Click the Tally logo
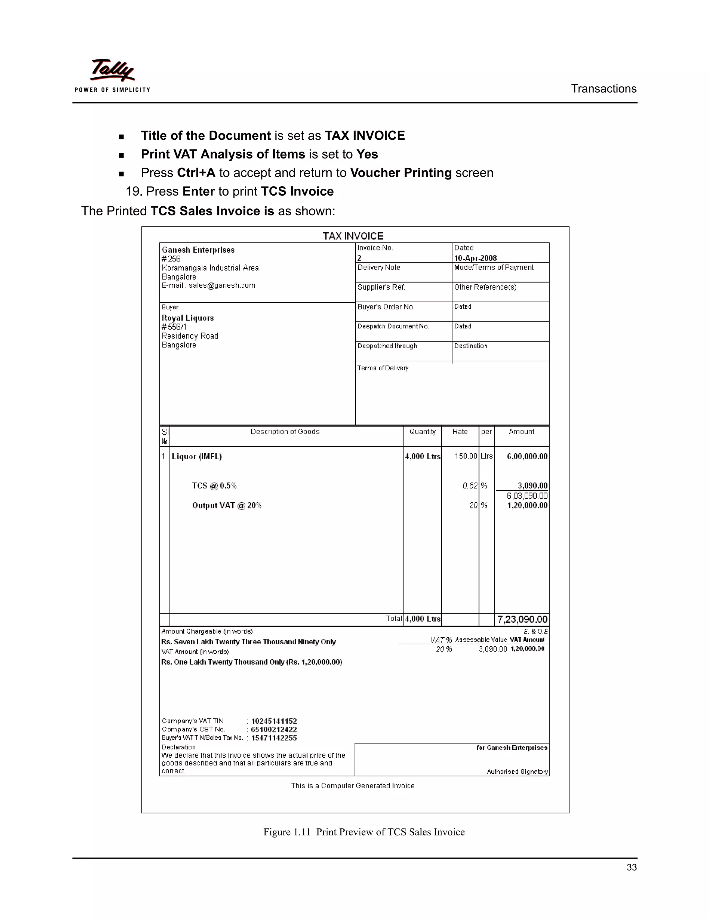click(112, 75)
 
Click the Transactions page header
click(603, 89)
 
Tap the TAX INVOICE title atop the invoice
click(353, 236)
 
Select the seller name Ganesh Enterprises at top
click(198, 250)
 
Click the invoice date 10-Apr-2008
click(475, 258)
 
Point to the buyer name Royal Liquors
click(188, 318)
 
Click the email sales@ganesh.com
click(222, 285)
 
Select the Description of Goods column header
click(285, 432)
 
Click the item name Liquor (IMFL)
click(197, 457)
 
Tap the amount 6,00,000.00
click(527, 457)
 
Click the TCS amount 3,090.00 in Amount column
click(532, 486)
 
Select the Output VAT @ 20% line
click(227, 505)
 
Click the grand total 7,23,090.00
click(522, 619)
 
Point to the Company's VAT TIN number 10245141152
click(274, 721)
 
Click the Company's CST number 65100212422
click(274, 730)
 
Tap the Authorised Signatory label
click(517, 772)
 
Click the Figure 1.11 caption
click(364, 832)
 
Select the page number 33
click(631, 867)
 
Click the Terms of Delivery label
click(383, 368)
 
